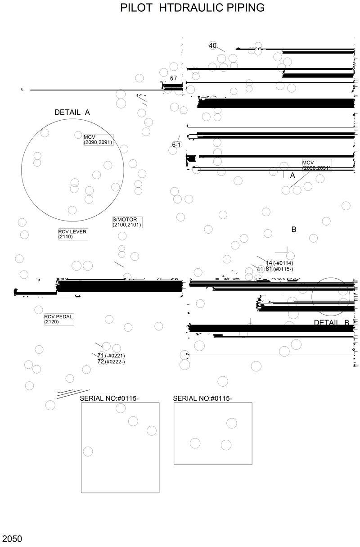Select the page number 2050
point(12,539)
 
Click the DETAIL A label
point(72,113)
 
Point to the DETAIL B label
point(332,322)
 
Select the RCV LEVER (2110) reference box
point(72,234)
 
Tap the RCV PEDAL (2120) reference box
point(58,319)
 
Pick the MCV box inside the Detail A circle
point(98,140)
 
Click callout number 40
point(213,45)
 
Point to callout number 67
point(173,78)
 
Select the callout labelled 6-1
point(176,145)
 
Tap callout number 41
point(260,269)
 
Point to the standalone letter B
point(294,230)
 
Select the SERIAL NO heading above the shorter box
point(202,398)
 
